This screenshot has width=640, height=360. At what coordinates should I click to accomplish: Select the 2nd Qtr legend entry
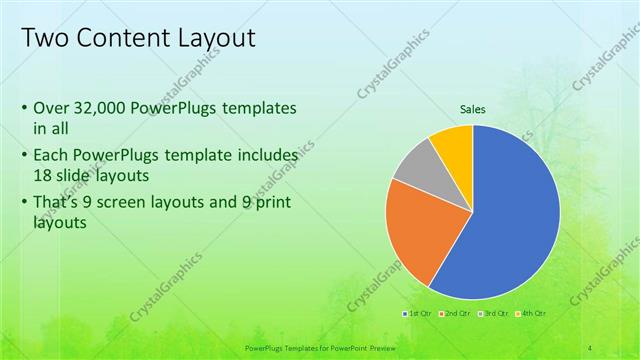click(456, 315)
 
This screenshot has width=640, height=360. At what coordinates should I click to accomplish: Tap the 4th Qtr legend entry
click(532, 315)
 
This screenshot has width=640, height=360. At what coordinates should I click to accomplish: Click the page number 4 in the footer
click(591, 348)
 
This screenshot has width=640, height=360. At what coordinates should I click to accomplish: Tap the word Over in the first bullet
click(50, 107)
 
